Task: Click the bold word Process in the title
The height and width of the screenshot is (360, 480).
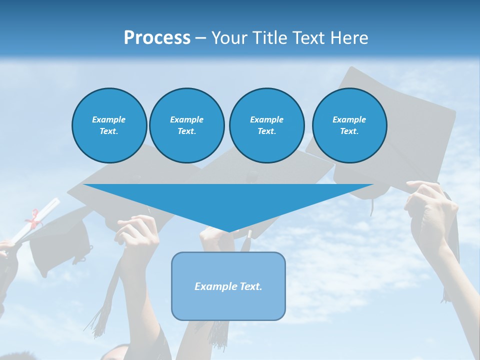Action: click(x=157, y=38)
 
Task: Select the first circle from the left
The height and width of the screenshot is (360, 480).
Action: click(x=109, y=125)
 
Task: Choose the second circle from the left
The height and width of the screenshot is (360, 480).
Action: click(x=187, y=125)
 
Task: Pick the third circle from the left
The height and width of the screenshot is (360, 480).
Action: click(x=267, y=125)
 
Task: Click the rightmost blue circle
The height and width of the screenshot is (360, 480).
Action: click(x=349, y=125)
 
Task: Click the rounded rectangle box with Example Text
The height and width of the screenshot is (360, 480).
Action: click(x=228, y=286)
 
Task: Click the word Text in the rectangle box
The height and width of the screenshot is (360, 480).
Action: click(x=250, y=286)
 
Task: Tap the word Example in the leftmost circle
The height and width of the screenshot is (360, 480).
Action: click(x=109, y=119)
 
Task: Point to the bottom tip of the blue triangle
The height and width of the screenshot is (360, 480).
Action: click(x=229, y=231)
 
